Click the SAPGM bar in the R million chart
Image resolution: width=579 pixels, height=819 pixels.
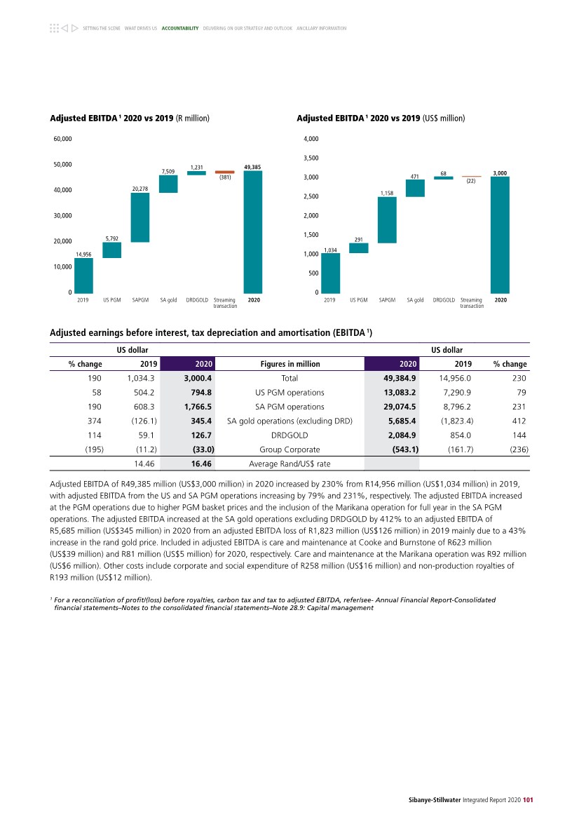140,217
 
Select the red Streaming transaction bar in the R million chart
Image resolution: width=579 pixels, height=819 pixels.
224,172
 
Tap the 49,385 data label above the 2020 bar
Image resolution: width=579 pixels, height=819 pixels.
252,167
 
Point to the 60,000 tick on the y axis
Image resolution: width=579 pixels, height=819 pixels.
62,139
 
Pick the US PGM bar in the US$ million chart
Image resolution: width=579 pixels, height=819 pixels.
358,248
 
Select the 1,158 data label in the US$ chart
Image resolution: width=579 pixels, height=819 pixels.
387,192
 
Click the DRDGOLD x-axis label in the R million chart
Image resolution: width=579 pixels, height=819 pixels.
196,299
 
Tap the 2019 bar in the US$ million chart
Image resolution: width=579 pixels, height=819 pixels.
330,273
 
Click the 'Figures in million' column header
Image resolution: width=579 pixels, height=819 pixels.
289,364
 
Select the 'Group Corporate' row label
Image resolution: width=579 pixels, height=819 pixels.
289,449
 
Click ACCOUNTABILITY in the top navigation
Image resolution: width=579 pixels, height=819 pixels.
180,28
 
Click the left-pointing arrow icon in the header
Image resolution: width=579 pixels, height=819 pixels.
64,28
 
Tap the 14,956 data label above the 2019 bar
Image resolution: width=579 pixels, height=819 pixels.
83,254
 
